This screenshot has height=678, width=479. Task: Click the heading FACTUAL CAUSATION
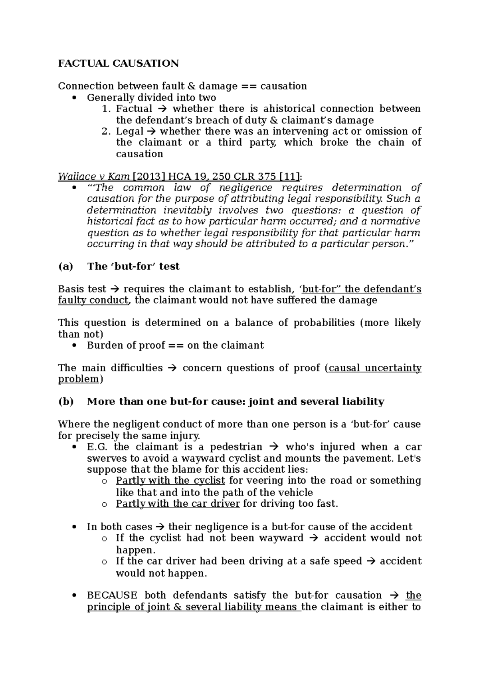click(x=118, y=63)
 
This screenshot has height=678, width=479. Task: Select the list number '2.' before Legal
click(x=106, y=131)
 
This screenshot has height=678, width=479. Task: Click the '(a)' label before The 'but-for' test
click(x=65, y=266)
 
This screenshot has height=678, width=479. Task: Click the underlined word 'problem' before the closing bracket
click(x=78, y=379)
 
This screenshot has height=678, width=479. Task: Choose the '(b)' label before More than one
click(x=66, y=401)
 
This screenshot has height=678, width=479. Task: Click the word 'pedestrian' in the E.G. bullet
click(x=236, y=447)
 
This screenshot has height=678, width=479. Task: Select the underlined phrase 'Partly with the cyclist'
click(x=170, y=480)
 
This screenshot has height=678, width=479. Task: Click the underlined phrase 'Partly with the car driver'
click(x=178, y=504)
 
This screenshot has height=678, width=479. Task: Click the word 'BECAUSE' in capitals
click(x=112, y=595)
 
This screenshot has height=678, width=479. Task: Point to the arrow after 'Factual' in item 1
click(x=162, y=109)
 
